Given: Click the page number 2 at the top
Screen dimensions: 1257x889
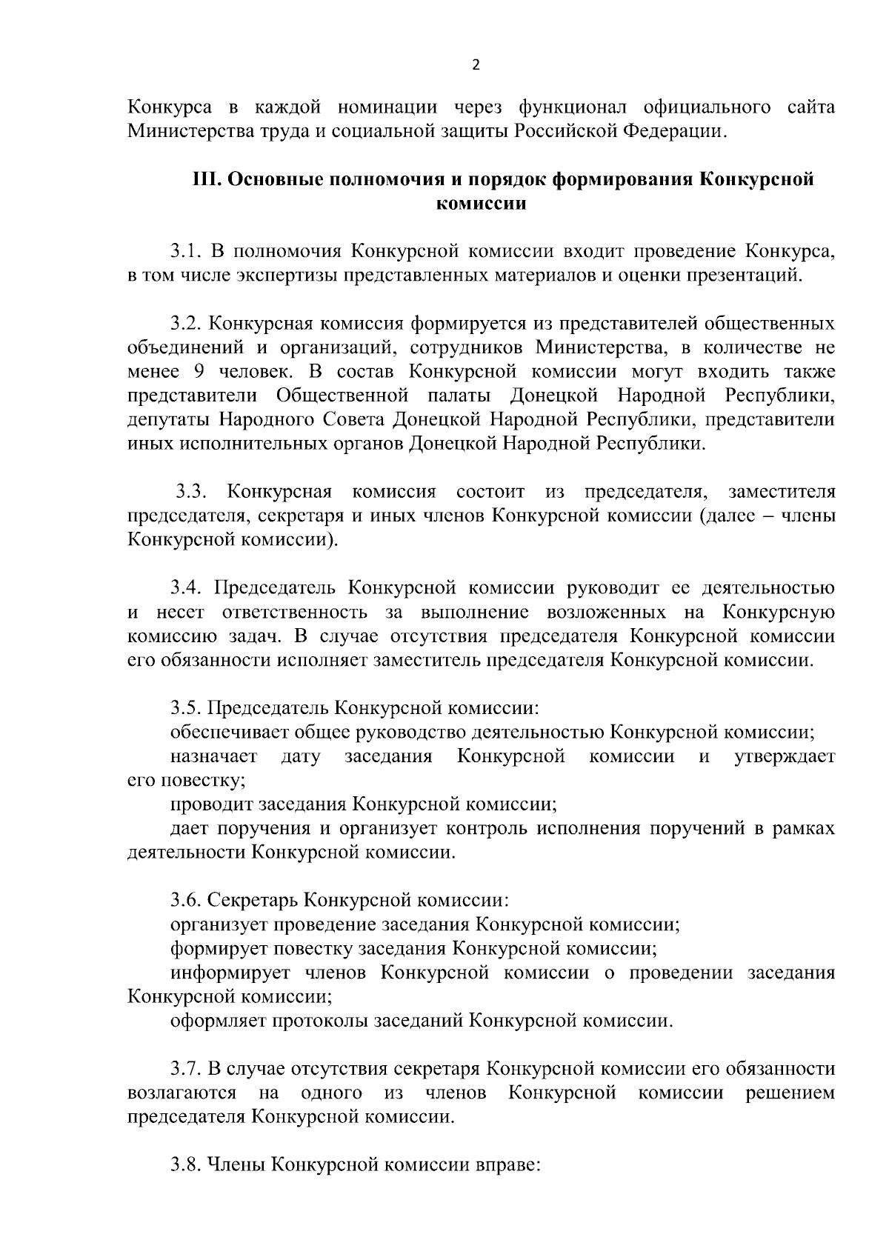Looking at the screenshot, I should click(x=476, y=64).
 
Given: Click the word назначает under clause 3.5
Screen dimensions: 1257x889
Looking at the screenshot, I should click(x=213, y=757).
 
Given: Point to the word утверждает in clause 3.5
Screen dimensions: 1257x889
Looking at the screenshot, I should click(x=784, y=757).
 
